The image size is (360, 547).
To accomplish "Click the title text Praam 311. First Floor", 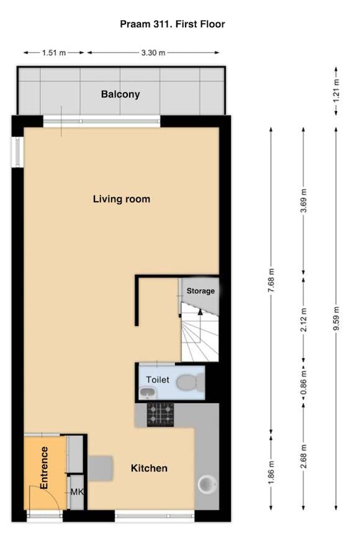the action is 173,24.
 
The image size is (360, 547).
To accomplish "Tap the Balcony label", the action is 120,94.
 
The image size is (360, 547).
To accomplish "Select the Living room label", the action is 122,199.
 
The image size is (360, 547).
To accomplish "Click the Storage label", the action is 200,291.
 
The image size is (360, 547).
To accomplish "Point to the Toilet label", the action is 158,379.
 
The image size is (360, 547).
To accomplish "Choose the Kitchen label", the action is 149,468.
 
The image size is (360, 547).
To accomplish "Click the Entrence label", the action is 44,468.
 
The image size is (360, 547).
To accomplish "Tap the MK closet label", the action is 77,492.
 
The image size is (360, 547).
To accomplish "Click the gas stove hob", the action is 160,414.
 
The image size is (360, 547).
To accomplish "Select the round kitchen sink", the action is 207,484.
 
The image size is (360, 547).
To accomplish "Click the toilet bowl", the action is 191,382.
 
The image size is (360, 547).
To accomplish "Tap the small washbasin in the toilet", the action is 148,392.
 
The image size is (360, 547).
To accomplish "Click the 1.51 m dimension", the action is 54,53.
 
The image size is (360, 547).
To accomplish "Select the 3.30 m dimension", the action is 153,53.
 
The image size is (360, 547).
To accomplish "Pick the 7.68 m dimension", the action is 271,281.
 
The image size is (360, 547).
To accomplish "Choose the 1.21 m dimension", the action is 336,91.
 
